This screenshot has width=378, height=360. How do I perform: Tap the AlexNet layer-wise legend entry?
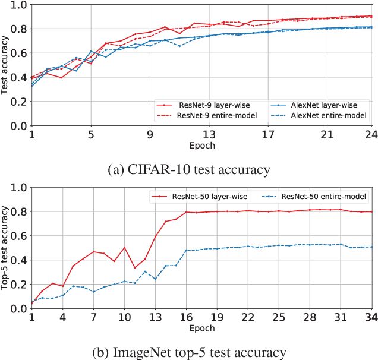(x=320, y=104)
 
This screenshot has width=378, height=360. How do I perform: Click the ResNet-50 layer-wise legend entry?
(x=207, y=195)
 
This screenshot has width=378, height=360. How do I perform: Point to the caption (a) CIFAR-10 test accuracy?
(x=188, y=170)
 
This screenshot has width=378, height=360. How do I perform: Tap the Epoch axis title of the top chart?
(x=203, y=146)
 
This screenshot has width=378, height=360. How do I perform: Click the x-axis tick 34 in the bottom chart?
(x=371, y=318)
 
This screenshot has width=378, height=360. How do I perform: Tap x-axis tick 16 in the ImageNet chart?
(x=186, y=318)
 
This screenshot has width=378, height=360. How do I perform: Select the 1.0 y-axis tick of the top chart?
(x=19, y=5)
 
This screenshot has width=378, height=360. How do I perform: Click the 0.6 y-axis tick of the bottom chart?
(x=19, y=235)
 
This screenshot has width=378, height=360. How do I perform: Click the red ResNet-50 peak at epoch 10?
(x=124, y=247)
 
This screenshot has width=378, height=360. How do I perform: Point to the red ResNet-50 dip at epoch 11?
(x=135, y=267)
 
